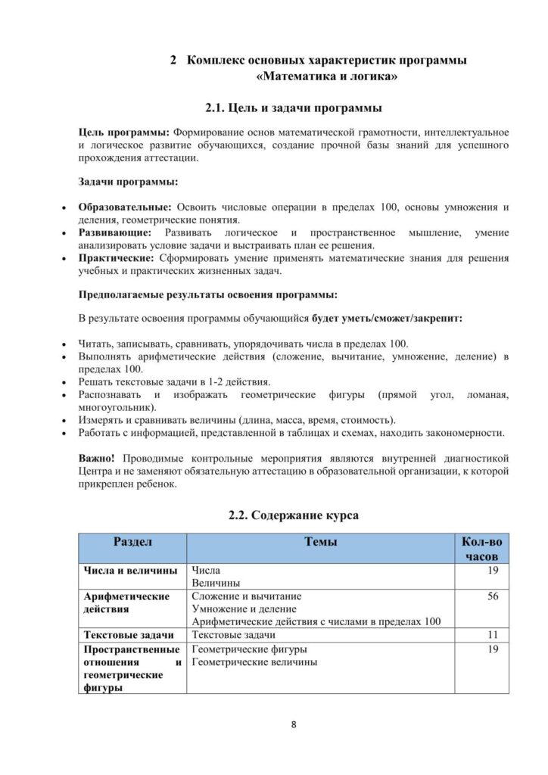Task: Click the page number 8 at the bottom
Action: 294,725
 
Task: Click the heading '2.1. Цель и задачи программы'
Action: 294,107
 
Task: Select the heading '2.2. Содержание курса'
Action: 294,515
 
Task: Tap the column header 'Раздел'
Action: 133,542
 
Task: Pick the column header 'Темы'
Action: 320,542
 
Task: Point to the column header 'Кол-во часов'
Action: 481,549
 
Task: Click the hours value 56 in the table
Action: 493,596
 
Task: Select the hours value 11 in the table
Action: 493,634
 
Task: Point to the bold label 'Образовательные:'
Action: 125,207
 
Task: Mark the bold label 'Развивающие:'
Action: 115,232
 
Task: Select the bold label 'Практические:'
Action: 115,257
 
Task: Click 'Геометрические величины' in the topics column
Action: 254,661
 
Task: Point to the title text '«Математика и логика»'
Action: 328,76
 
